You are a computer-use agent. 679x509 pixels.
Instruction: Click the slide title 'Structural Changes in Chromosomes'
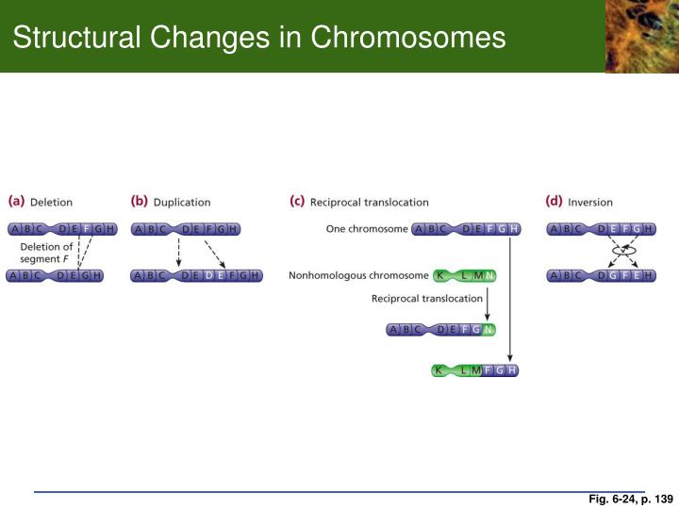(259, 38)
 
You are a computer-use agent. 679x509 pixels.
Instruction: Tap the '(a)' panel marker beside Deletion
(16, 202)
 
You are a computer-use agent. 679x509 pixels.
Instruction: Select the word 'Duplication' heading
(182, 202)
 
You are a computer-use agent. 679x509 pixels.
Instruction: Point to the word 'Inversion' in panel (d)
(589, 202)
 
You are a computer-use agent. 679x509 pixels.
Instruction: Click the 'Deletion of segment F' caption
(46, 253)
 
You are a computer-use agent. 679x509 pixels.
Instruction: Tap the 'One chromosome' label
(367, 229)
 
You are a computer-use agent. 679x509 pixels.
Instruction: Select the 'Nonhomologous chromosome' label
(358, 275)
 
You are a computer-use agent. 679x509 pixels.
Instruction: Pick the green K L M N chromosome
(464, 275)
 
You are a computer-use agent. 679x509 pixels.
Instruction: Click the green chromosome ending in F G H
(474, 369)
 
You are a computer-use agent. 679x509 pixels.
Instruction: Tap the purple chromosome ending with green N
(441, 329)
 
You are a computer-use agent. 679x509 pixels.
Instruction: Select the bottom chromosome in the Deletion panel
(55, 275)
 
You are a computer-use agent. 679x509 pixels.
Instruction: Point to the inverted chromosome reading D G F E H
(602, 275)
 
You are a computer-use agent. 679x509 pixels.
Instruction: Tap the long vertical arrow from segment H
(510, 297)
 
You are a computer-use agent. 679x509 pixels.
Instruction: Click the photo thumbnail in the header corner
(641, 36)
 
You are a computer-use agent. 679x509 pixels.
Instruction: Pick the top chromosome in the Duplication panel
(185, 229)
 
